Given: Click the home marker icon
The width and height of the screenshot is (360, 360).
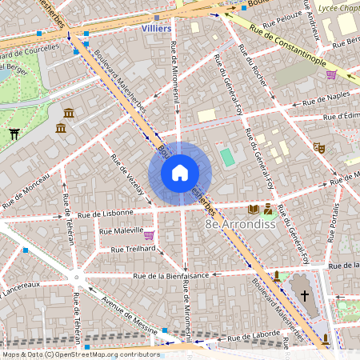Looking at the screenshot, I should tap(180, 172).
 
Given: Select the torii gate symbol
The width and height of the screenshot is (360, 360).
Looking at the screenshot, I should tap(14, 134).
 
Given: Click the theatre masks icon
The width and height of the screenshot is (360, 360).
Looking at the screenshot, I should tap(318, 147).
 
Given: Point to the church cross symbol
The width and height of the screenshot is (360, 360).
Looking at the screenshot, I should tap(303, 296).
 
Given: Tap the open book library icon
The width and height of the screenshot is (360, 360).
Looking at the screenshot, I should tap(254, 210).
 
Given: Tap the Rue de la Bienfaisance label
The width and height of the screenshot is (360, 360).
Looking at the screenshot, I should tap(170, 274).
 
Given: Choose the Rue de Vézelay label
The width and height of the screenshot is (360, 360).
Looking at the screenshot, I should tap(129, 174).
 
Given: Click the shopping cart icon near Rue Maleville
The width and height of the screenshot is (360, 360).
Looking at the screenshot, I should tap(149, 235).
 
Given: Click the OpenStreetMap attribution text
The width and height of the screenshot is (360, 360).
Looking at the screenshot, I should tap(81, 354).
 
